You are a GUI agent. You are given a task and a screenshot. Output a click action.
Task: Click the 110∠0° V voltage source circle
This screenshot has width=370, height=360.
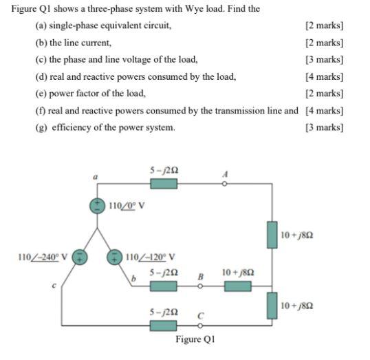coord(100,206)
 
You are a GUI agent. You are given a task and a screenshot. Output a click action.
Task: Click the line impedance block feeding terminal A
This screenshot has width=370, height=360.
coord(164,184)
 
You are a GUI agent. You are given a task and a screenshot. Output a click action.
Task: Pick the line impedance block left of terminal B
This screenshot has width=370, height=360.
coord(164,286)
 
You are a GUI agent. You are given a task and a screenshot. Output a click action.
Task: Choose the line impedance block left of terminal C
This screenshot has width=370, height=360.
coord(164,324)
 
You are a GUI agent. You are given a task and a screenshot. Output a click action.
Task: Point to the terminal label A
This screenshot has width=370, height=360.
coord(224,174)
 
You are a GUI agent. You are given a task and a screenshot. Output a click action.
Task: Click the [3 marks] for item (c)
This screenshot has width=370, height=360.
coord(323,59)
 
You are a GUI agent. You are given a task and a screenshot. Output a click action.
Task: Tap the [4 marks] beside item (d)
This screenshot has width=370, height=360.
coord(323,76)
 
